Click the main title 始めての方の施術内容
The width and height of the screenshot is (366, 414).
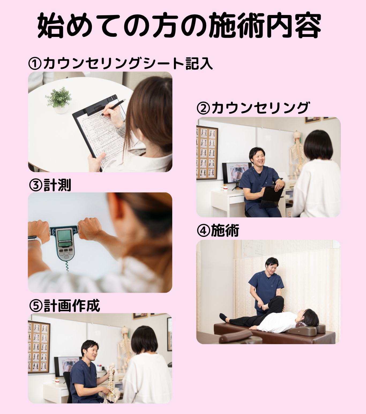179,25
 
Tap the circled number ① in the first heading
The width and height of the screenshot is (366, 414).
35,63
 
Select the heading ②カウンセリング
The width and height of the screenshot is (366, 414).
253,108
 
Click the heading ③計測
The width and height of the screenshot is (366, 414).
50,185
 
